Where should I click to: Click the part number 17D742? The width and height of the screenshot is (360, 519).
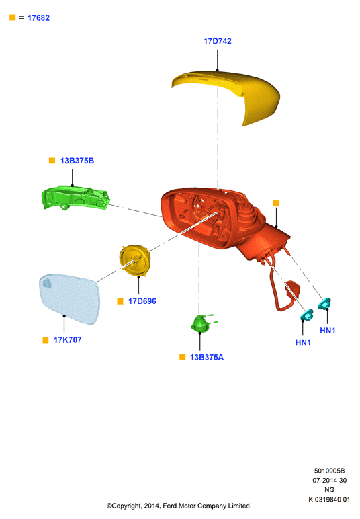point(217,41)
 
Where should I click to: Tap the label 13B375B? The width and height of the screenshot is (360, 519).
point(77,161)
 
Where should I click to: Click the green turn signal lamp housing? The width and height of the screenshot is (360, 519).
point(75,198)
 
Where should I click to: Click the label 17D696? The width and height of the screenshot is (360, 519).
point(142,301)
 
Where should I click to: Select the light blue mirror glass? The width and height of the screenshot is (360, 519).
point(69,298)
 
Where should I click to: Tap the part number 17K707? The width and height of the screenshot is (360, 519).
point(67,340)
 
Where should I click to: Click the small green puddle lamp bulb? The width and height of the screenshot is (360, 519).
point(201,323)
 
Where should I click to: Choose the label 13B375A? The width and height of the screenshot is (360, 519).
point(207,358)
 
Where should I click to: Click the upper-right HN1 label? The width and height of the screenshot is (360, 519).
point(328,331)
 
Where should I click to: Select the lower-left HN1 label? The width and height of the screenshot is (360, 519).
point(303,342)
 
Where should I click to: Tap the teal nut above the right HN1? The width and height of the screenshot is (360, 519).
point(324,303)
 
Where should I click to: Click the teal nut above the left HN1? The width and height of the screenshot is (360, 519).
point(306,315)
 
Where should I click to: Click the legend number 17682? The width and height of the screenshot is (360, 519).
point(38,18)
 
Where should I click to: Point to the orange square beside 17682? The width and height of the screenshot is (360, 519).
point(13,17)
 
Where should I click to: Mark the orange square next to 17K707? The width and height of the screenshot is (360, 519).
point(46,340)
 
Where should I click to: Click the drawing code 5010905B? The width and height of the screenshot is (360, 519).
point(329,471)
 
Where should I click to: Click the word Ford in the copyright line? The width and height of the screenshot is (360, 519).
point(169,506)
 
